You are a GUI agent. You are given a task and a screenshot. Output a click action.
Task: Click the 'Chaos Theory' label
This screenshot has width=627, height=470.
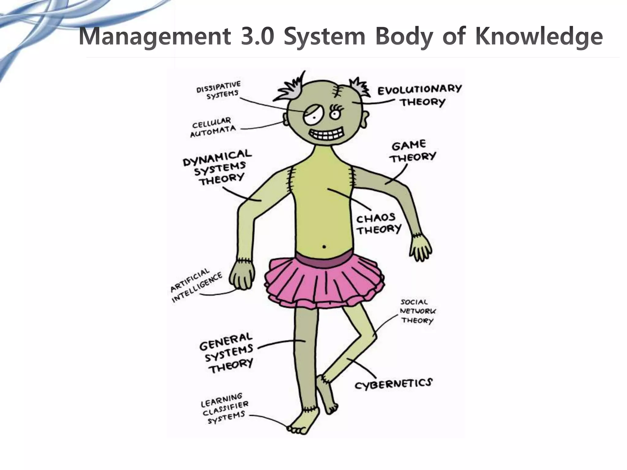(378, 224)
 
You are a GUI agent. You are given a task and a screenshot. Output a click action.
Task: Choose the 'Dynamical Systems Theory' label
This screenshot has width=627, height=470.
(218, 167)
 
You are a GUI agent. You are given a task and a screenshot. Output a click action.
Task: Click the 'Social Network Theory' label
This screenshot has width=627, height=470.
(418, 311)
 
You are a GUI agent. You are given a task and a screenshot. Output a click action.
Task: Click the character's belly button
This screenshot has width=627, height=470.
(324, 246)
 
